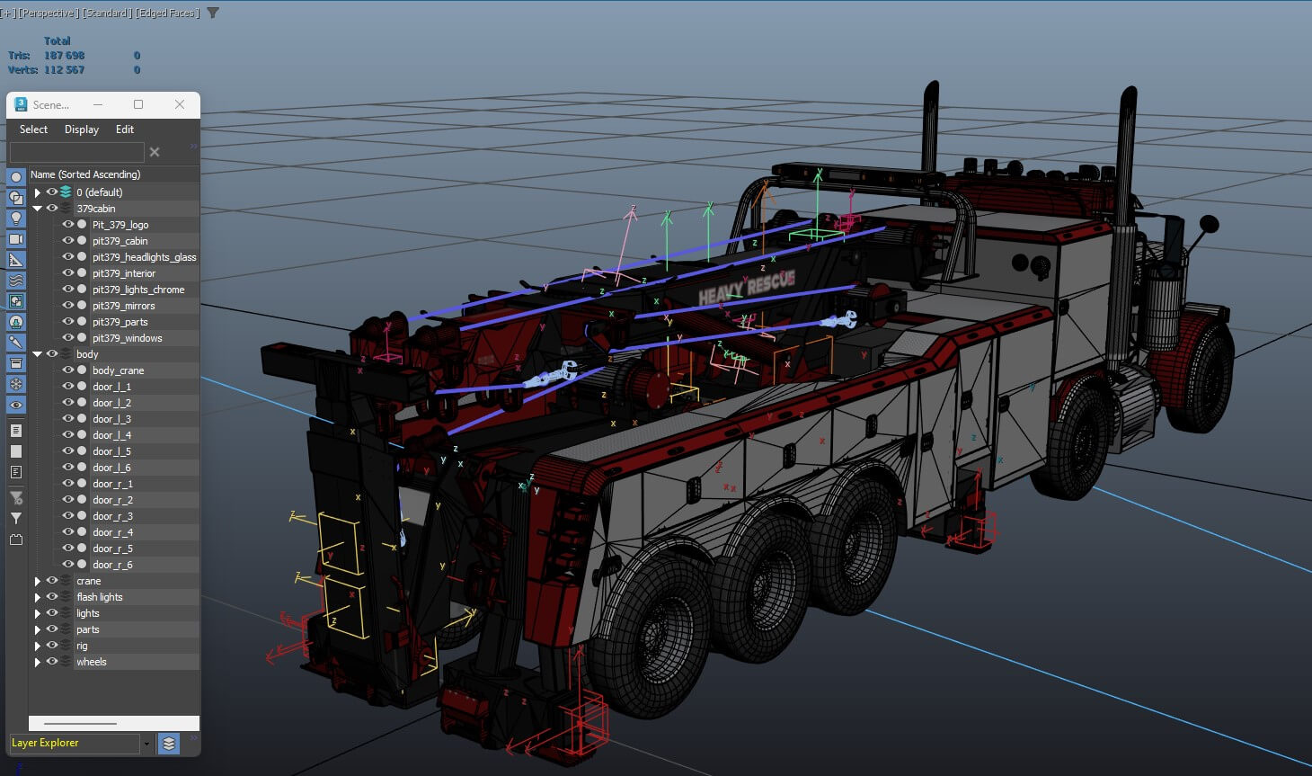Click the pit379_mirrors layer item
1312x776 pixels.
point(123,306)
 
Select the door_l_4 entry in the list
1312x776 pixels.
point(111,435)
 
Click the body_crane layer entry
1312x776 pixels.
point(118,370)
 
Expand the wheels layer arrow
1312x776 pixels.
point(37,662)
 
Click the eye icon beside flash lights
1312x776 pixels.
point(52,597)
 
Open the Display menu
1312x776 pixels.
point(81,129)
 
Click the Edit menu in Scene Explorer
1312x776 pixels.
point(124,129)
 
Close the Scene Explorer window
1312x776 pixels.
point(180,104)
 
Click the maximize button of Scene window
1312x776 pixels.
point(138,104)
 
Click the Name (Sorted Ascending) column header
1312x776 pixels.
point(85,174)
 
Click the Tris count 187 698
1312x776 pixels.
point(64,56)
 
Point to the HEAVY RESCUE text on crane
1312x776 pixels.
point(746,287)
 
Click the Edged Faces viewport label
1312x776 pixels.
point(167,13)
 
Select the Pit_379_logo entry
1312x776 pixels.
point(120,225)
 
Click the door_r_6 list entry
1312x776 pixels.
point(112,565)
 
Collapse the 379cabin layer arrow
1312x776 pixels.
point(37,209)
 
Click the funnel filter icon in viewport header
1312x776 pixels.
point(213,13)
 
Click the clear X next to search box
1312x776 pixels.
point(155,152)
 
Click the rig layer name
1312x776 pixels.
point(82,646)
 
